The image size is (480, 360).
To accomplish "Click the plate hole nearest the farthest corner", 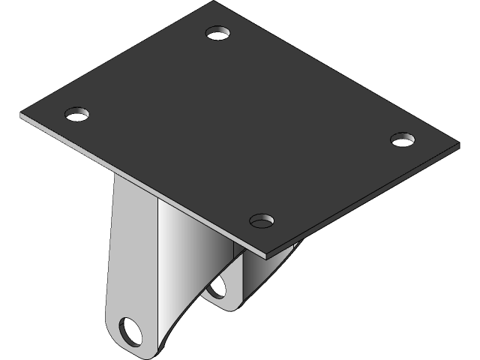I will (218, 34).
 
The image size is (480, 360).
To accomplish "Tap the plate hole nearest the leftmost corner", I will (76, 114).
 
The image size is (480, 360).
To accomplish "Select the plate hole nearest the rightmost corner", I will (403, 139).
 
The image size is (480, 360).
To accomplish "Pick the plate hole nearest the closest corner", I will (262, 220).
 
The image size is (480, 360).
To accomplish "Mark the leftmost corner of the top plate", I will (22, 116).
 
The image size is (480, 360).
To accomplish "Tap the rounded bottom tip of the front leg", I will (139, 352).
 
